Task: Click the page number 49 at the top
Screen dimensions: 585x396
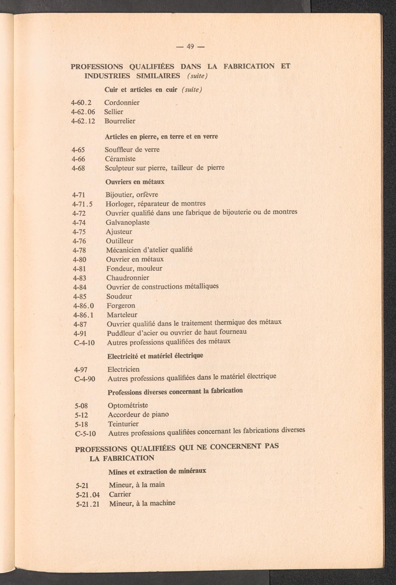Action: tap(190, 47)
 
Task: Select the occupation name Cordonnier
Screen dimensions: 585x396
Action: tap(122, 103)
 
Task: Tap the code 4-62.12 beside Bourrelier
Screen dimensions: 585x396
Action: tap(83, 121)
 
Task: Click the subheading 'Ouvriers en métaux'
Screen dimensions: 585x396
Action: tap(135, 182)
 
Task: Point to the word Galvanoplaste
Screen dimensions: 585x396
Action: tap(128, 222)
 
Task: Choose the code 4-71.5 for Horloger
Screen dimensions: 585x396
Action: tap(82, 204)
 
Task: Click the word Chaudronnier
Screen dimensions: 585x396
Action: tap(128, 278)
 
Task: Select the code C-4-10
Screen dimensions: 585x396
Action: tap(84, 342)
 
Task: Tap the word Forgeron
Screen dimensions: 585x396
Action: tap(121, 306)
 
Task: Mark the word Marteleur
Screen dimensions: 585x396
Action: tap(122, 315)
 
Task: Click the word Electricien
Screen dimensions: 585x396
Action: tap(124, 369)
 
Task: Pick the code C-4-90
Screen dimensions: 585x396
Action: tap(85, 379)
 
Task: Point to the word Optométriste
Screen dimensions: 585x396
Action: tap(128, 405)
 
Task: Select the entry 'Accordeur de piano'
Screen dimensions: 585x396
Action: tap(138, 415)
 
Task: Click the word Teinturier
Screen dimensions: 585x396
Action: tap(123, 424)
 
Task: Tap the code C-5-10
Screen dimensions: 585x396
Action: tap(85, 434)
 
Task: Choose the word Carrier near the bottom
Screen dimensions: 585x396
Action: tap(120, 494)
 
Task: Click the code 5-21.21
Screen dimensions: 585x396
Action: tap(88, 505)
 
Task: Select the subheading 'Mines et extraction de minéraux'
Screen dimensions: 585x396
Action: tap(157, 472)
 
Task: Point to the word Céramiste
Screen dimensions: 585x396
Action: tap(120, 159)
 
